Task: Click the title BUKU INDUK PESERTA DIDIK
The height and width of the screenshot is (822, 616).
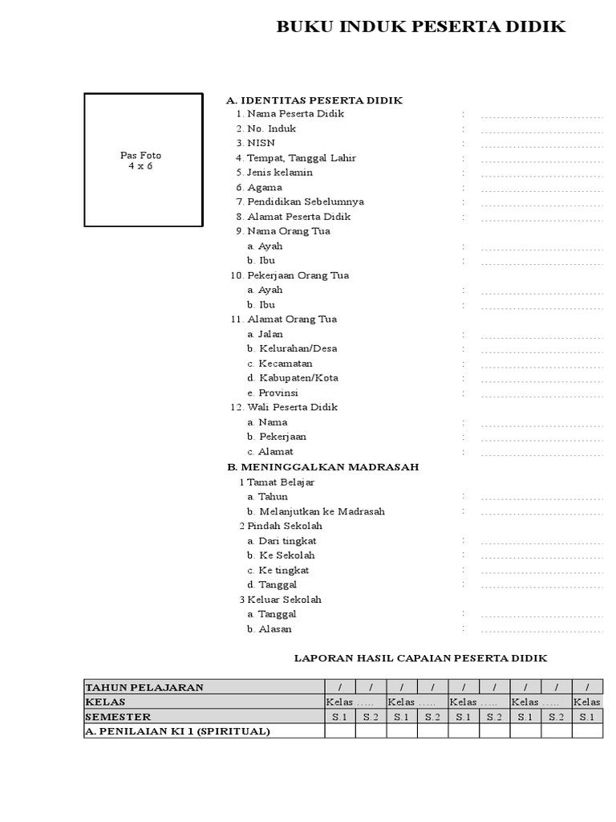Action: (421, 27)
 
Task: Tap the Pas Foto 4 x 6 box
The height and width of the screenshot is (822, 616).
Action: (144, 161)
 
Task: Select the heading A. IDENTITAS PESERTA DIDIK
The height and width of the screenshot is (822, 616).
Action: (314, 100)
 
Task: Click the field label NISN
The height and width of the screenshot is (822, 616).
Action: (261, 143)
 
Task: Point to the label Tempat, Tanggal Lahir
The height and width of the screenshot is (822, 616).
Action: (302, 158)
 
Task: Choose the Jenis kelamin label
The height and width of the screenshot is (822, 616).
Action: (280, 173)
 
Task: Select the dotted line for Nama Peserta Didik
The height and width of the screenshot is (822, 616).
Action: (541, 116)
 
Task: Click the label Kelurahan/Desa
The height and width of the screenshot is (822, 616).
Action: (298, 348)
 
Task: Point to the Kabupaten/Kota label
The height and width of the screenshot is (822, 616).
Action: (298, 378)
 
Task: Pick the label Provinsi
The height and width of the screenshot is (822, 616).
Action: (278, 393)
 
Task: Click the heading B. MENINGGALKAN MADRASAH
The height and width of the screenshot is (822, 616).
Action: (322, 466)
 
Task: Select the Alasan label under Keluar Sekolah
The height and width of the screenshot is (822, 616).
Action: (275, 629)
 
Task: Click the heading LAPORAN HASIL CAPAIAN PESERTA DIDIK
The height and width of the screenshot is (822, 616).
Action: (420, 658)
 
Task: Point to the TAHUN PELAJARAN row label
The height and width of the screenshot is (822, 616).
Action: (144, 687)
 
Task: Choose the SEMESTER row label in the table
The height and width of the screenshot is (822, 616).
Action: (118, 717)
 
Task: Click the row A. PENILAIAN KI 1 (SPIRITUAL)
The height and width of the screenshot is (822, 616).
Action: (177, 731)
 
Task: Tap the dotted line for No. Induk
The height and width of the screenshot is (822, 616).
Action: (541, 131)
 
